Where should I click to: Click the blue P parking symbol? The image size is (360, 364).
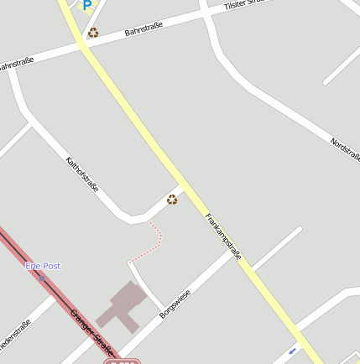click(86, 5)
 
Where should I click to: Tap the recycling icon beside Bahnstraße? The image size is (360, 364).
click(93, 33)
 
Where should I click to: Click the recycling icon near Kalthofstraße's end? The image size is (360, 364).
click(172, 199)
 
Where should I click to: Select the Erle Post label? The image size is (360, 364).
click(43, 266)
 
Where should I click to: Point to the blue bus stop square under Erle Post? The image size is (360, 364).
click(42, 277)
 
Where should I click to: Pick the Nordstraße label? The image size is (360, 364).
click(345, 150)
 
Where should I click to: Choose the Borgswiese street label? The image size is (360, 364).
click(175, 304)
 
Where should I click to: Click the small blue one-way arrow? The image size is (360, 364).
click(292, 350)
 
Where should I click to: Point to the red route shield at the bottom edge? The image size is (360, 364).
click(122, 361)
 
